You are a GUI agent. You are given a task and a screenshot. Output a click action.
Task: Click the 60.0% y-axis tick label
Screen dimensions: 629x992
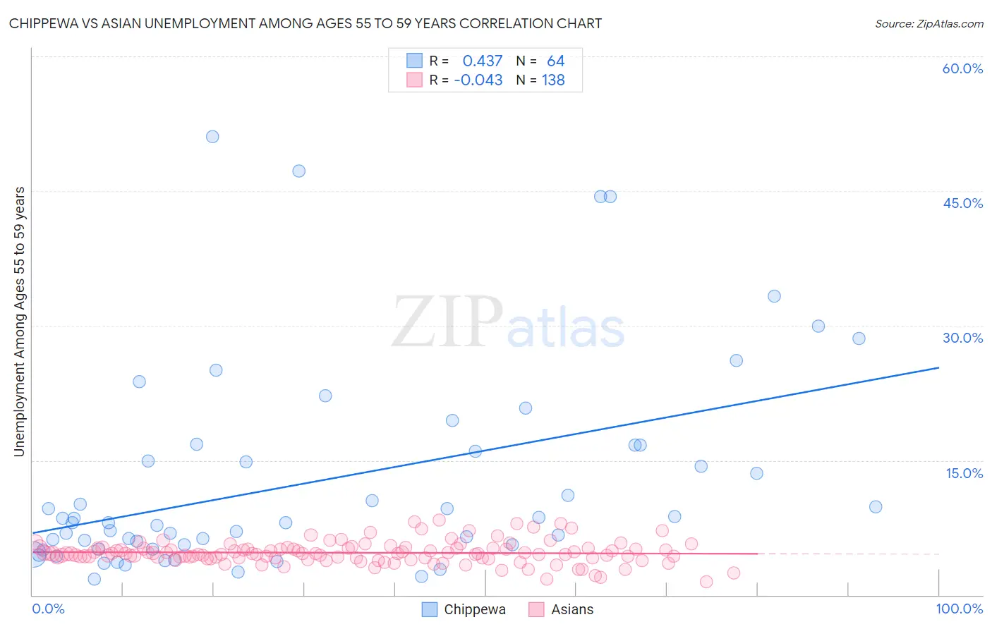click(962, 68)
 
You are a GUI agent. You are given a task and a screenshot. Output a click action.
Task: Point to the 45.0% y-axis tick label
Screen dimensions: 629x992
click(962, 203)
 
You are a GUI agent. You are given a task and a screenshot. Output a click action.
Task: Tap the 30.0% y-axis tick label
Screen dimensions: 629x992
click(962, 338)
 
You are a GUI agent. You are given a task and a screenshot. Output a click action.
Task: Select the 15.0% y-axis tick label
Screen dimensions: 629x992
click(964, 473)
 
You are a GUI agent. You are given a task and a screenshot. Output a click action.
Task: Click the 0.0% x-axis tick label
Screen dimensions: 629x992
click(48, 609)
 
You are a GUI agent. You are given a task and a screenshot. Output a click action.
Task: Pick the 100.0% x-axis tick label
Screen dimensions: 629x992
click(960, 609)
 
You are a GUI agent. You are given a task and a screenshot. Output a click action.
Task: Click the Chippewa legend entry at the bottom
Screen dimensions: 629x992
click(464, 609)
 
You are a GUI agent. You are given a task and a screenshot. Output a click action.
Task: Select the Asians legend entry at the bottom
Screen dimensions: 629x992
click(561, 609)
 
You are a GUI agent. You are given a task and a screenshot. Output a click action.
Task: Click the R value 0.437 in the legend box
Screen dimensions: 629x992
click(483, 61)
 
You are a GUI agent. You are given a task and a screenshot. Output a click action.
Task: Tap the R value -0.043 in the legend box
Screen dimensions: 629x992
click(478, 80)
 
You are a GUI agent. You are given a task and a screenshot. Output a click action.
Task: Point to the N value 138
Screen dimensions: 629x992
click(553, 80)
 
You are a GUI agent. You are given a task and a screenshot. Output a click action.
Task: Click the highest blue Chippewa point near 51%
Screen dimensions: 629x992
click(212, 137)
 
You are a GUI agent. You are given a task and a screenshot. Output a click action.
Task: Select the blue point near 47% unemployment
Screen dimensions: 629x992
click(298, 171)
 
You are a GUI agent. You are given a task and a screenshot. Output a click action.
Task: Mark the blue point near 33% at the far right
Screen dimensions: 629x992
click(774, 296)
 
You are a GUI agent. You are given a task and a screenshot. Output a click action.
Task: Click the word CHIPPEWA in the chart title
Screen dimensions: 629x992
click(44, 23)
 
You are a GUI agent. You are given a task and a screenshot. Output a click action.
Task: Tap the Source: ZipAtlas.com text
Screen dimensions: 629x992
click(929, 23)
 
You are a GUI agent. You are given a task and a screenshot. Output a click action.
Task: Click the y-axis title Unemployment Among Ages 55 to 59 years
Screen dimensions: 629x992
click(19, 322)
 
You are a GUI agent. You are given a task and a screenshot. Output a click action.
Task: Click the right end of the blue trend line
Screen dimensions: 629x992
click(938, 367)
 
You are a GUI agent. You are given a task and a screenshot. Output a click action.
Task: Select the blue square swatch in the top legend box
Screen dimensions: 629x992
click(414, 61)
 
